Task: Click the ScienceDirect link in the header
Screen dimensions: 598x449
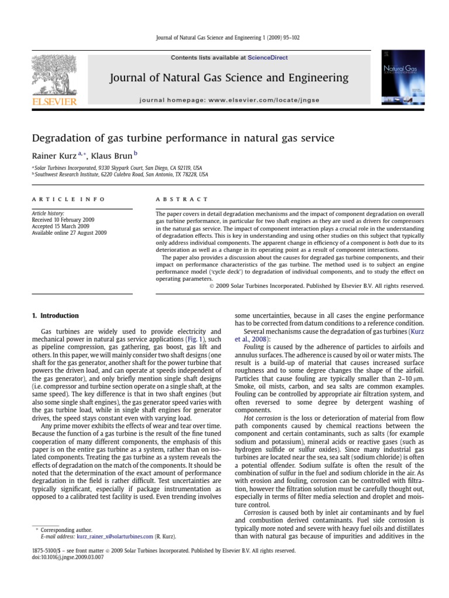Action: [268, 58]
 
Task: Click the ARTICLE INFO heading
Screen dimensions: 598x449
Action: [68, 199]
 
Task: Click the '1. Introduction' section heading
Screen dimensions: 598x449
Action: [55, 316]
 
